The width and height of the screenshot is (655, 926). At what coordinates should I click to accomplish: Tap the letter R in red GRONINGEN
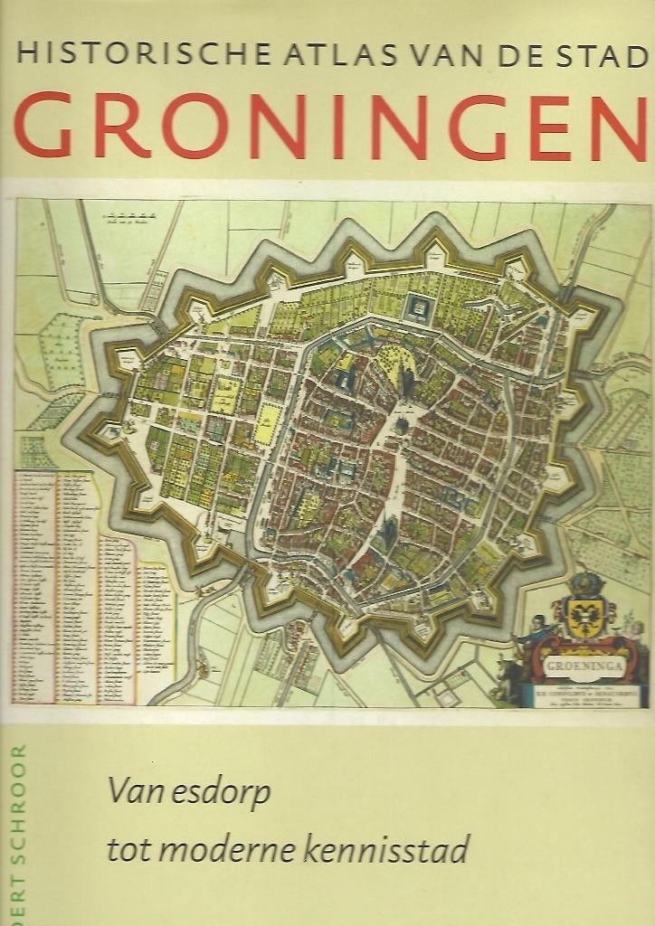click(122, 126)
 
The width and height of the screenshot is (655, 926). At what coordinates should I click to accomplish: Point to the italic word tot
click(126, 851)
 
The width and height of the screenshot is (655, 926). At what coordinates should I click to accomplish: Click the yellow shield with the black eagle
click(584, 617)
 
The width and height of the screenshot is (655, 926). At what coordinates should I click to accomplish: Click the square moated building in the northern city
click(418, 308)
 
